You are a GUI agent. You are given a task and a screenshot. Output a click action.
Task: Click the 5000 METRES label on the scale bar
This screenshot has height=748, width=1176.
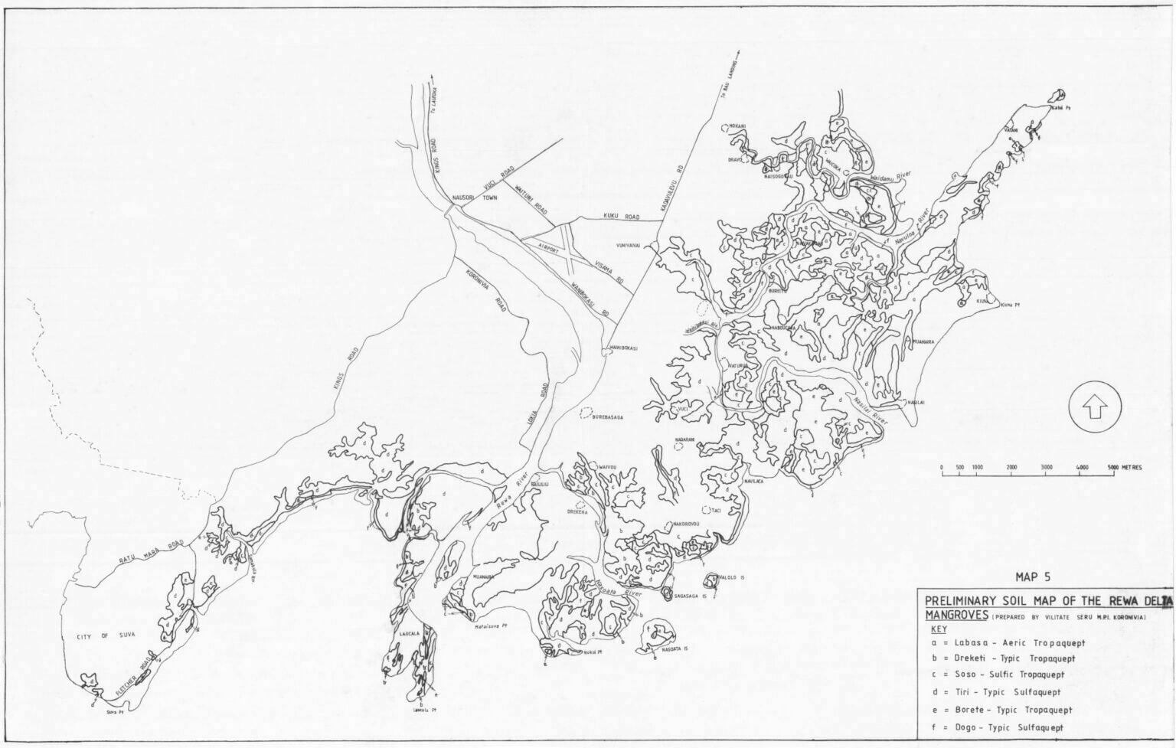pyautogui.click(x=1125, y=467)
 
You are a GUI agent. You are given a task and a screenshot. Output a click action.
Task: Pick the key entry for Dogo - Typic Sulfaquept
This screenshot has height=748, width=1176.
pyautogui.click(x=1002, y=727)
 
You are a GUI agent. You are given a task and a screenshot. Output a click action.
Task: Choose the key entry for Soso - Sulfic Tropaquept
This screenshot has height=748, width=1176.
pyautogui.click(x=1003, y=675)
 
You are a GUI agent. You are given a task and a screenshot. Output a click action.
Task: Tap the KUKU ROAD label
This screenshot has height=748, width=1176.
pyautogui.click(x=621, y=217)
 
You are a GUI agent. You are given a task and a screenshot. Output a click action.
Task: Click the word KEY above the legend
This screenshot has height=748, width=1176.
pyautogui.click(x=938, y=629)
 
